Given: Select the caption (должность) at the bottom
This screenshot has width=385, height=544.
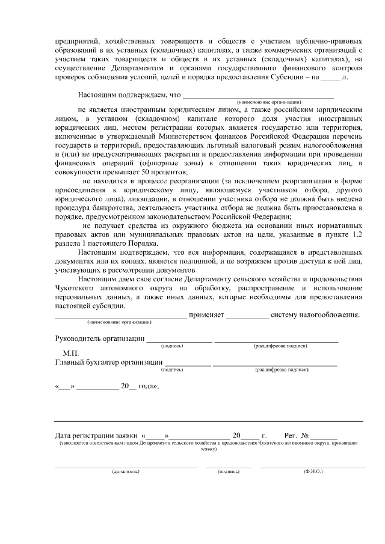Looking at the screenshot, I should (125, 471).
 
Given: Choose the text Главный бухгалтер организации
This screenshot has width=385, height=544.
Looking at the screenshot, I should (108, 362).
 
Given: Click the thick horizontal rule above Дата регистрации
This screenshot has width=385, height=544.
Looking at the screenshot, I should (209, 421).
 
